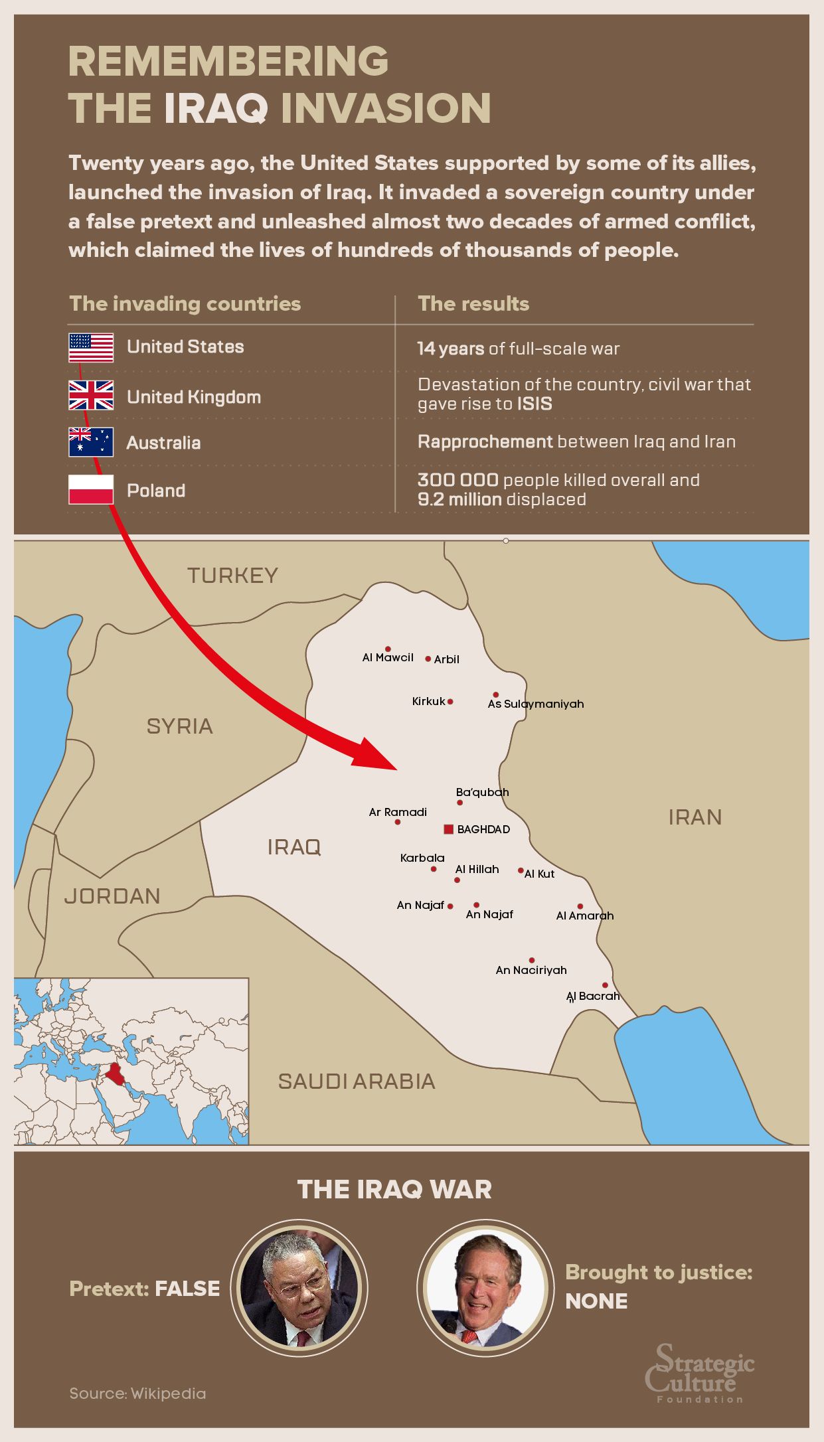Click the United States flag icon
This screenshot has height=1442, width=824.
[x=91, y=348]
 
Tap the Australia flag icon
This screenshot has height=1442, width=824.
[x=91, y=442]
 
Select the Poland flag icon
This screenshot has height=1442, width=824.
[x=91, y=490]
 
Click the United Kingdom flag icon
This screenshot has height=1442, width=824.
[x=91, y=396]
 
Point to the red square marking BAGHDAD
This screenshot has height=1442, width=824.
[x=448, y=829]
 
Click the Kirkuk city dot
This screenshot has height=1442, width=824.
[x=450, y=702]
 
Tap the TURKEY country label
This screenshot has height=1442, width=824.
[x=232, y=576]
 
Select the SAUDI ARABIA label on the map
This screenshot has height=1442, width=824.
[x=357, y=1081]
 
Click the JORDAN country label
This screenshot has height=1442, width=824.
[x=112, y=896]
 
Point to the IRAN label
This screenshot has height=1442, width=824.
[x=695, y=817]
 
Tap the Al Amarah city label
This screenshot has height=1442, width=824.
[x=585, y=916]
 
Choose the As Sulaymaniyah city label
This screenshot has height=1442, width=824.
[x=536, y=704]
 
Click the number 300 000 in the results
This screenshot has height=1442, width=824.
[x=457, y=480]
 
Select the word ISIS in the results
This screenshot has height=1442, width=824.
[x=535, y=404]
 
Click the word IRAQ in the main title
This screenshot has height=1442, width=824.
[x=216, y=108]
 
